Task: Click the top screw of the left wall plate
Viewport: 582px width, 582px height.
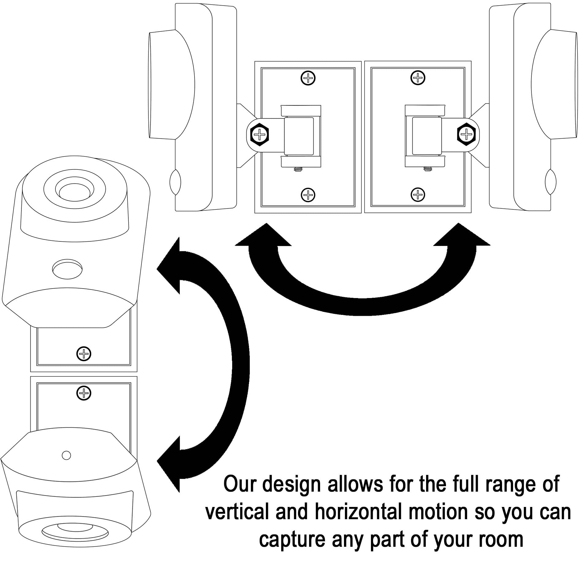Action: click(308, 78)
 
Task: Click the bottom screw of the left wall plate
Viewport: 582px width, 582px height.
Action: click(308, 194)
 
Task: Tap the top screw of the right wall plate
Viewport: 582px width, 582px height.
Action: click(418, 78)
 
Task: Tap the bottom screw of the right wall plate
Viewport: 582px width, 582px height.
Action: click(418, 194)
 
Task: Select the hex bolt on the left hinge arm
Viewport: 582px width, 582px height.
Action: click(259, 134)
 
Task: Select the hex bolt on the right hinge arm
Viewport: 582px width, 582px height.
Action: click(466, 134)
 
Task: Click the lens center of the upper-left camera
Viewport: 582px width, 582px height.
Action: click(75, 192)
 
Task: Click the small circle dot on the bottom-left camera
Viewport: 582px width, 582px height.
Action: click(66, 455)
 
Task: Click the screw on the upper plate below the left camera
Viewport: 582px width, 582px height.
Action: click(84, 354)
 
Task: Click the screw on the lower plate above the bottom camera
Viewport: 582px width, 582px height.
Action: click(84, 393)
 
